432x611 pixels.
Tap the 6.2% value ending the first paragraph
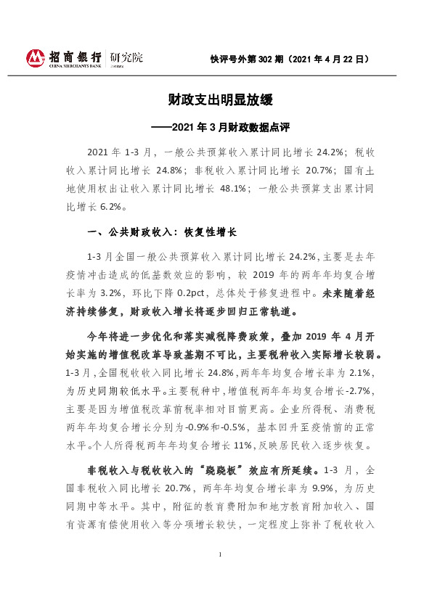click(x=108, y=205)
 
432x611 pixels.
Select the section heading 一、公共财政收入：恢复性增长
click(x=162, y=232)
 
